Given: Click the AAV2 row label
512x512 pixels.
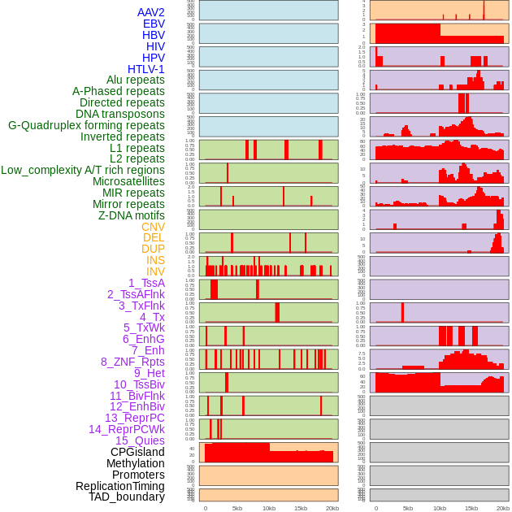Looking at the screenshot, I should (150, 12).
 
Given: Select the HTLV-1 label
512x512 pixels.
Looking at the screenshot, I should (145, 69).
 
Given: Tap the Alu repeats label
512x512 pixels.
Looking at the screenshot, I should (135, 80).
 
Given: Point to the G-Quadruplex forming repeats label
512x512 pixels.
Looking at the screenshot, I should (86, 125).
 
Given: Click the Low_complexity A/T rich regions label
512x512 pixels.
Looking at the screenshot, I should (83, 170).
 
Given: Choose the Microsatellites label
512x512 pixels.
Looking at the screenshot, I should (128, 181).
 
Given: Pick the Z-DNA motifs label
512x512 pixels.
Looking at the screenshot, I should (131, 215).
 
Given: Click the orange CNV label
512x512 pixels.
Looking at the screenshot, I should (153, 227).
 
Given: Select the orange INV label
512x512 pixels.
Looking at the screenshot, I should (155, 271).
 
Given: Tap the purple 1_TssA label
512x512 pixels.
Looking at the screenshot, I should (146, 283).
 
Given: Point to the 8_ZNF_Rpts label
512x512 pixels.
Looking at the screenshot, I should (132, 362).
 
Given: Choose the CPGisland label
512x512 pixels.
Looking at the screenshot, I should (137, 452).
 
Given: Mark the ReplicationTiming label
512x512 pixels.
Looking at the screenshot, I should (119, 486).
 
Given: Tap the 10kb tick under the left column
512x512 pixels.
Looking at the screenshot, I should (269, 508).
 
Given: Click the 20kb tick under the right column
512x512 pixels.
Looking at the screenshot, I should (503, 508).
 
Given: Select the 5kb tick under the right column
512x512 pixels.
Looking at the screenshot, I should (408, 508).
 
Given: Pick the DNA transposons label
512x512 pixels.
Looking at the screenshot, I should (120, 114).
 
